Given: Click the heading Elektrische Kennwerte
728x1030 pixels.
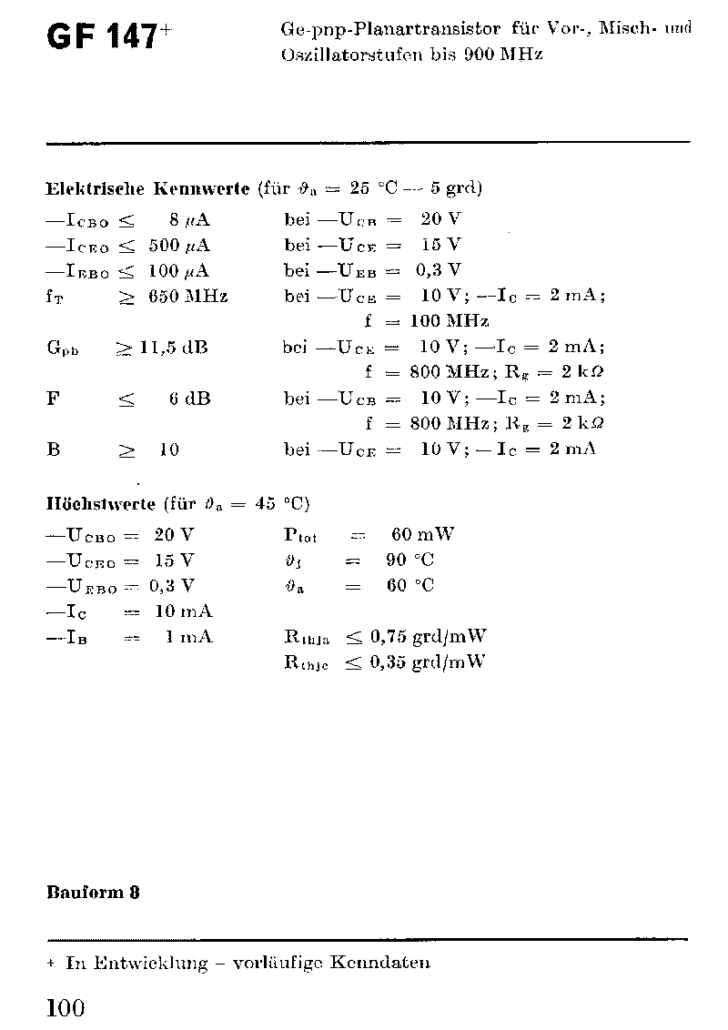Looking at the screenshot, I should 147,189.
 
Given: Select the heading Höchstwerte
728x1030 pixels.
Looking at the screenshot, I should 102,503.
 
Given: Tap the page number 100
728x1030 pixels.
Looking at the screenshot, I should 65,1007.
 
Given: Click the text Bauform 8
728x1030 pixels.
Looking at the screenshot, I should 93,892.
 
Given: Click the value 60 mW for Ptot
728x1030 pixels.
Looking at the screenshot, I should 422,534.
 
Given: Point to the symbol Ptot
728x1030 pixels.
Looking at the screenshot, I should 300,535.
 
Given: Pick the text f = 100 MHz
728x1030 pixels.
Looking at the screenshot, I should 427,321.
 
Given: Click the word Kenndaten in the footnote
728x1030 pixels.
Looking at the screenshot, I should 381,963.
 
